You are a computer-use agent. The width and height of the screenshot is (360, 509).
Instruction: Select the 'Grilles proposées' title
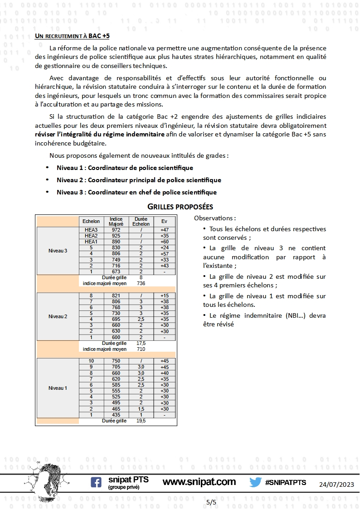point(180,207)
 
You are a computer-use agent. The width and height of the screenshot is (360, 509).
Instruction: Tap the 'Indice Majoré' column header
point(116,222)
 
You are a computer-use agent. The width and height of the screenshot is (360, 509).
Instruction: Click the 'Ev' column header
point(164,222)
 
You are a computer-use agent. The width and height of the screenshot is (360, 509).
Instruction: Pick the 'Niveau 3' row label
point(58,251)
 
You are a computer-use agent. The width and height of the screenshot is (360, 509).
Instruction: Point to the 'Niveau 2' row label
point(58,316)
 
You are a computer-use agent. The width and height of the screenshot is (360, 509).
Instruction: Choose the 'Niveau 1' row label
point(58,388)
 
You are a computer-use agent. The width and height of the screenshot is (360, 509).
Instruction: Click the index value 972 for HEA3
point(116,230)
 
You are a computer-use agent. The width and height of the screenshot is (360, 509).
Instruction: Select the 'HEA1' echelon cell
point(91,242)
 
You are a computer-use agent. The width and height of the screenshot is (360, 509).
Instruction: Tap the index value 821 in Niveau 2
point(116,296)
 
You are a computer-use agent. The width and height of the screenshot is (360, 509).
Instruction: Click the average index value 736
point(141,283)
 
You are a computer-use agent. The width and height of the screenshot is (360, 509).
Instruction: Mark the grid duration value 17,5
point(141,344)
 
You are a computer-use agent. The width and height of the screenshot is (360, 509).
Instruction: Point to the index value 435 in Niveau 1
point(116,415)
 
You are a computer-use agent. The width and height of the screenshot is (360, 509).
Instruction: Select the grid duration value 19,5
point(141,421)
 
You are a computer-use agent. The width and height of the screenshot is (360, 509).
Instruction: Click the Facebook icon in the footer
point(96,482)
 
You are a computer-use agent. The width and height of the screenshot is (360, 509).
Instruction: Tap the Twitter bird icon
point(255,482)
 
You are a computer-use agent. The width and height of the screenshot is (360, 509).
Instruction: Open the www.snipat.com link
point(199,482)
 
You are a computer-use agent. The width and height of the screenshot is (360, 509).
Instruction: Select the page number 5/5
point(211,502)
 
